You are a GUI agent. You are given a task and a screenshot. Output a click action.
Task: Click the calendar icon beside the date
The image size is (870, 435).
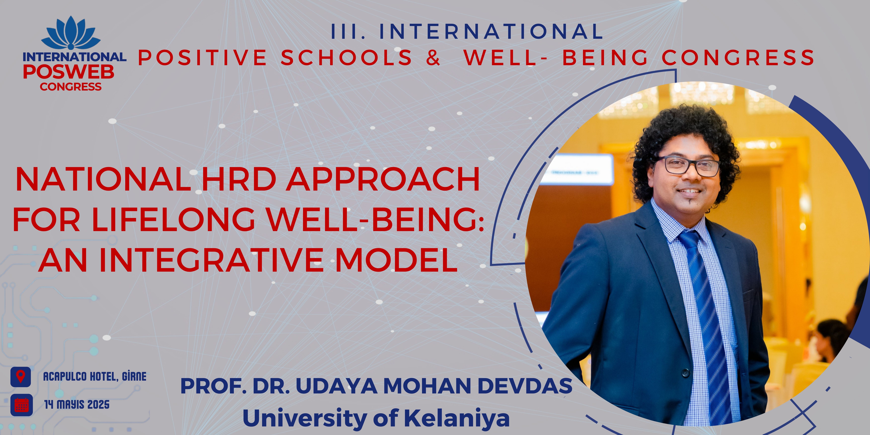point(22,405)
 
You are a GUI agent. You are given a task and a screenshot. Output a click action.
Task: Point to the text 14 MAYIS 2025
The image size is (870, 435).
point(77,405)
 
